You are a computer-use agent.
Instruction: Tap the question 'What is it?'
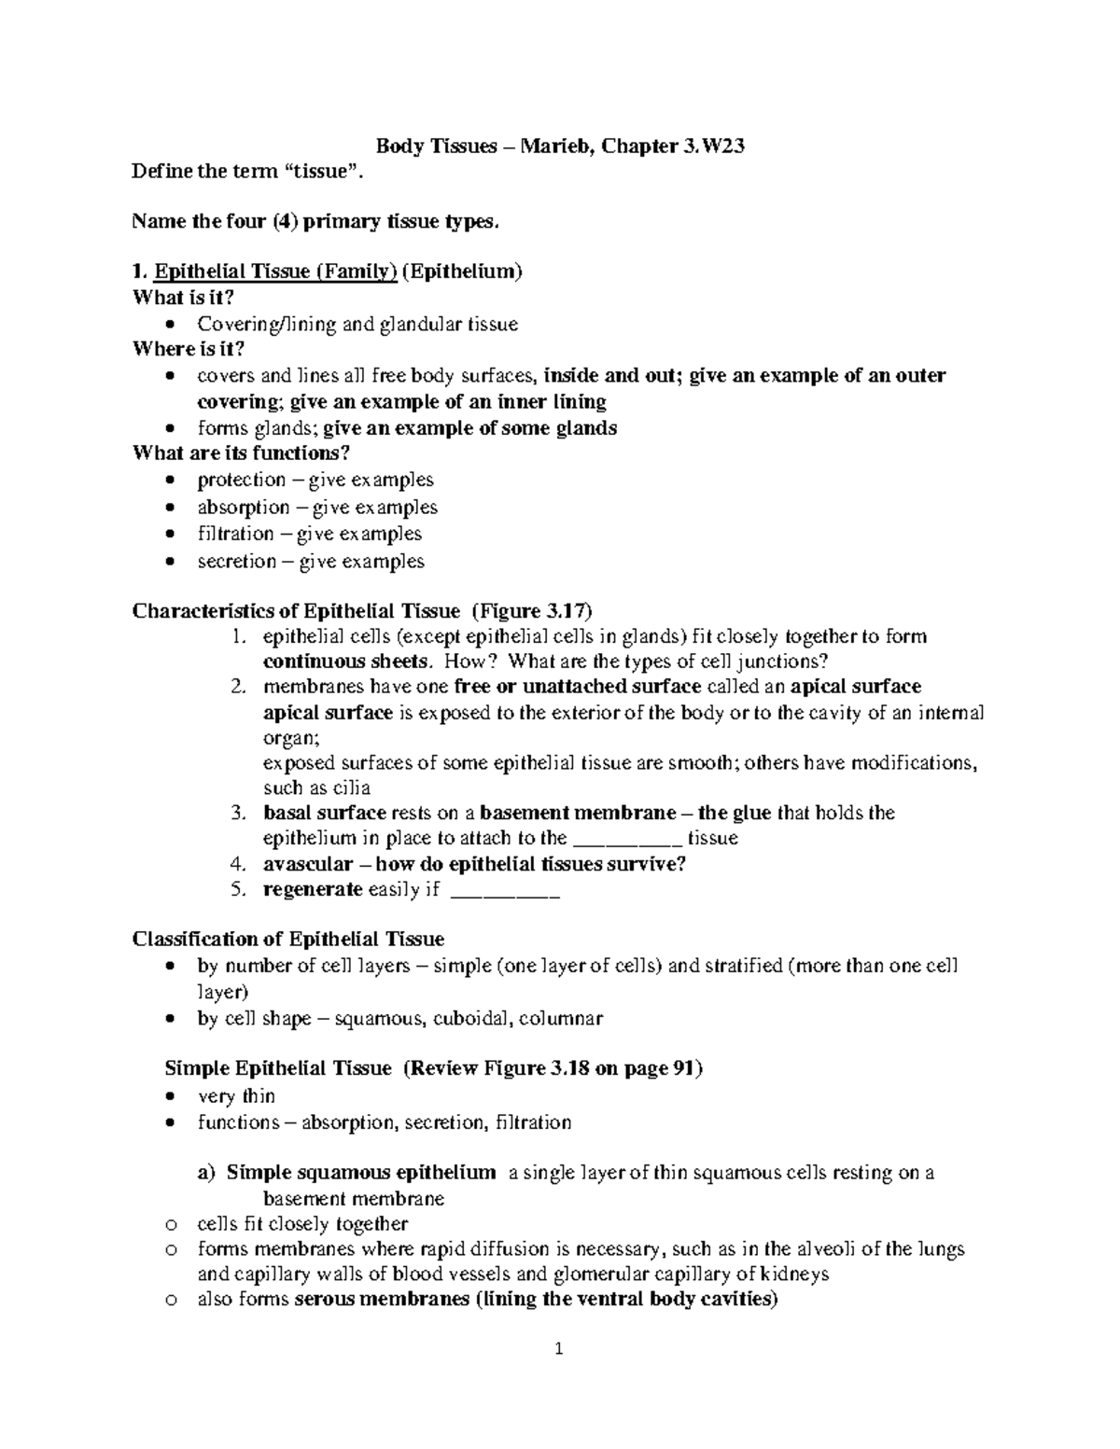pos(183,298)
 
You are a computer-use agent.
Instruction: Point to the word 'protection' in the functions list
pos(241,480)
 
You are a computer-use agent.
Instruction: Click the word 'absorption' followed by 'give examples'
pos(243,507)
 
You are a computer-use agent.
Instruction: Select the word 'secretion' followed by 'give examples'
pos(236,561)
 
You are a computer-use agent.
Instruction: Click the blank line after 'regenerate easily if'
pos(504,890)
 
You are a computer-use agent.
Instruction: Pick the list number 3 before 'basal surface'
pos(238,813)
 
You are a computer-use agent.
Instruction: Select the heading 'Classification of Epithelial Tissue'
pos(288,939)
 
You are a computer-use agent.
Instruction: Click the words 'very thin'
pos(236,1095)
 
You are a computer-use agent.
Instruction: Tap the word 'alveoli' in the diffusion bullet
pos(820,1248)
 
